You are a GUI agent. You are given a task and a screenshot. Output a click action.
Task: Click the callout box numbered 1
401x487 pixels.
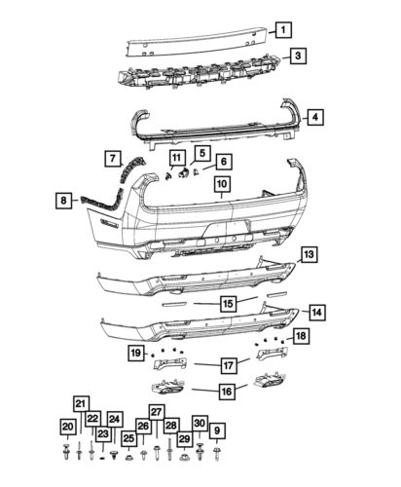coord(280,29)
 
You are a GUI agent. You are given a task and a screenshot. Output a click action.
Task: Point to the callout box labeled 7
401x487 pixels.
coord(113,157)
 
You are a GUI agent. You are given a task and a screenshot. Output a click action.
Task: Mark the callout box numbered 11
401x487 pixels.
coord(176,158)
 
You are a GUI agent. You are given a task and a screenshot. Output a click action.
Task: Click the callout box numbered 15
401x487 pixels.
coord(226,304)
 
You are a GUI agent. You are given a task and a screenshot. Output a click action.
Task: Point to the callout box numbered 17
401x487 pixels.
coord(228,365)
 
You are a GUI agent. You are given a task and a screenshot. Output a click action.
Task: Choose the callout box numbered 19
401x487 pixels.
coord(136,351)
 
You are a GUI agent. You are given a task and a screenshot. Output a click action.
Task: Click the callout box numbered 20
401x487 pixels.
coord(67,426)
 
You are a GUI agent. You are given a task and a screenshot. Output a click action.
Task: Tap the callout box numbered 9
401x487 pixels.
coord(216,430)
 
